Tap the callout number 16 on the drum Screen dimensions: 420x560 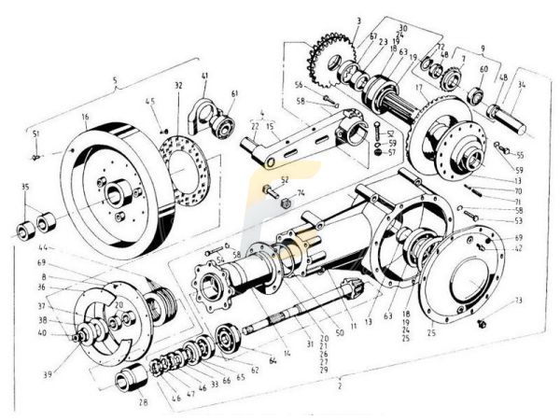pyautogui.click(x=84, y=119)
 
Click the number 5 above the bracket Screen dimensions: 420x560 pyautogui.click(x=114, y=81)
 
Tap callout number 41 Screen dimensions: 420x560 pyautogui.click(x=204, y=77)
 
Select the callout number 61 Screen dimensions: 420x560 pyautogui.click(x=234, y=93)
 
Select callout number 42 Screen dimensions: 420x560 pyautogui.click(x=518, y=249)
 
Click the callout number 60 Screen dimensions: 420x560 pyautogui.click(x=483, y=70)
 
